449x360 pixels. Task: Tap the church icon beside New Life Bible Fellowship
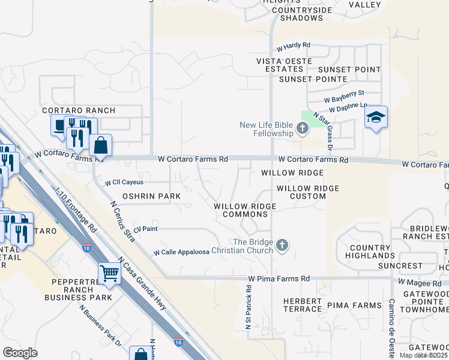pos(302,127)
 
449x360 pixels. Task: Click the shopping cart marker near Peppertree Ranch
pos(110,274)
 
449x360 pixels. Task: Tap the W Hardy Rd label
pos(293,45)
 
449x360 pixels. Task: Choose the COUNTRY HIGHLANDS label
pos(370,251)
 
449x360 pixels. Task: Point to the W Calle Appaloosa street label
pos(181,253)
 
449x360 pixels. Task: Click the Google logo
pos(20,352)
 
